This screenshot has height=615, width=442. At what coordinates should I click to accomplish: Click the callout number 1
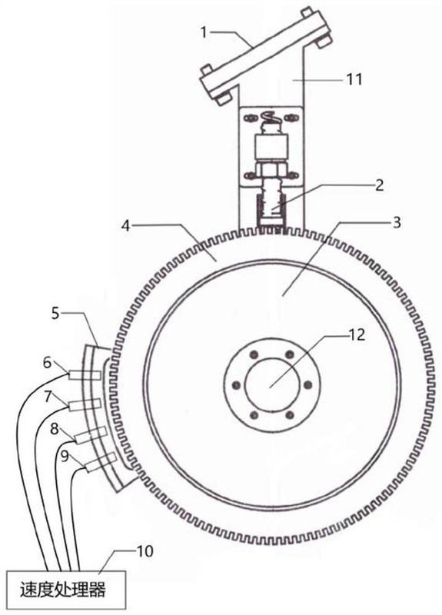(204, 32)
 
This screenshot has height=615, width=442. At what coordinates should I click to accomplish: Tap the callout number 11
(354, 80)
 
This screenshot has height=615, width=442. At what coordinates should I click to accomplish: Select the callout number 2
(379, 185)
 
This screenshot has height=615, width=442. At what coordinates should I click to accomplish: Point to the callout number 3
(397, 222)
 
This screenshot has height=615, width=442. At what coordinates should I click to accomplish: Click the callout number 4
(126, 226)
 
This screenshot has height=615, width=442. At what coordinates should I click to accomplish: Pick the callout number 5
(55, 314)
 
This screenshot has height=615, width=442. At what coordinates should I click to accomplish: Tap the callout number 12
(357, 334)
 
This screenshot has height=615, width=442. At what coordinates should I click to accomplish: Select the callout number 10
(145, 551)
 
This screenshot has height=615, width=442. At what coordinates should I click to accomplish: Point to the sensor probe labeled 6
(85, 375)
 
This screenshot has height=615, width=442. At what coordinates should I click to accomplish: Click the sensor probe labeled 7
(85, 404)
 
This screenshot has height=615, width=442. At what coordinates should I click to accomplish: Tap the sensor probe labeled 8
(91, 435)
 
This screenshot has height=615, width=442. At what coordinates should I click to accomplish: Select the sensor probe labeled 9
(101, 462)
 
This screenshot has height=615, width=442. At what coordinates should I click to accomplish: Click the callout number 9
(65, 456)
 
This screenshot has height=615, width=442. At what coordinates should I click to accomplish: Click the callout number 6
(47, 363)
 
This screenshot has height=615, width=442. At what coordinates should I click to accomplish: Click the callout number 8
(54, 429)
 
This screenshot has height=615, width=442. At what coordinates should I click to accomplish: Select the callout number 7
(48, 397)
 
